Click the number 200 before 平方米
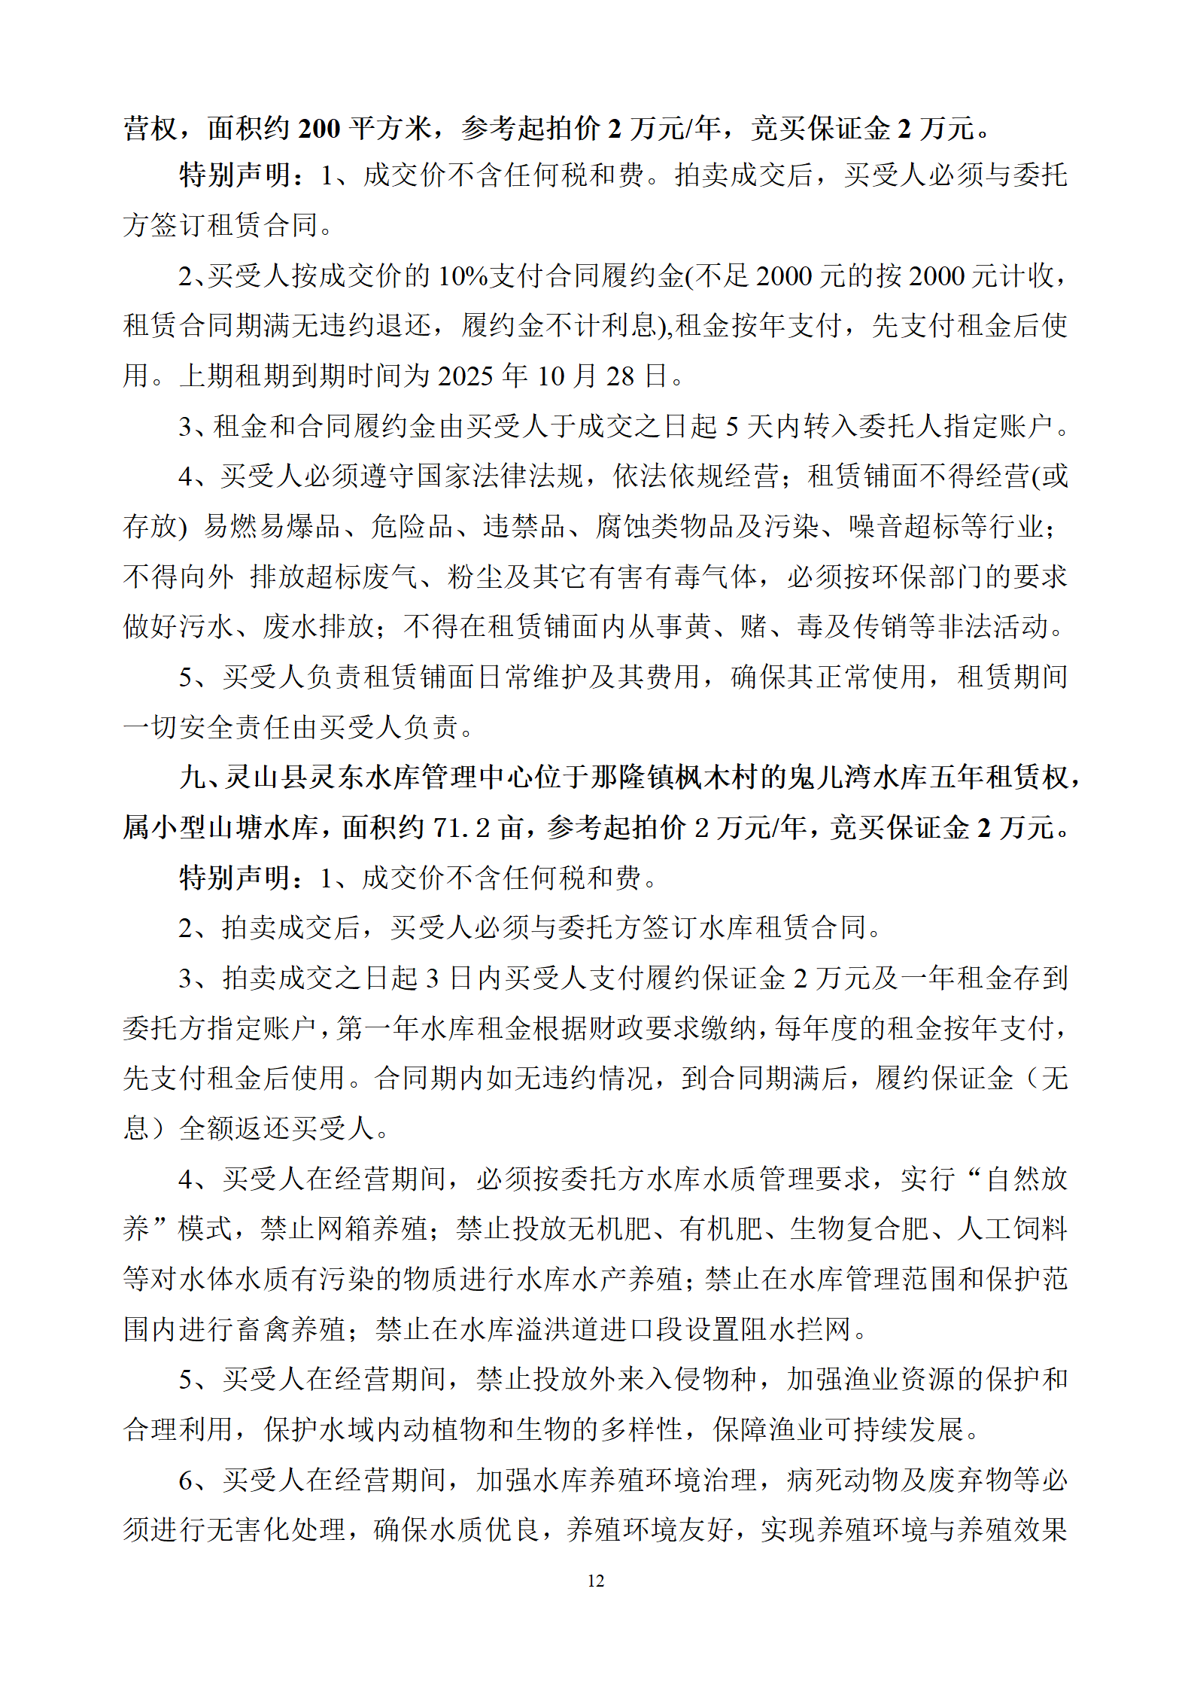(x=320, y=129)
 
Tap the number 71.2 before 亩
(x=462, y=827)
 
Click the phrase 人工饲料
(x=1013, y=1229)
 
